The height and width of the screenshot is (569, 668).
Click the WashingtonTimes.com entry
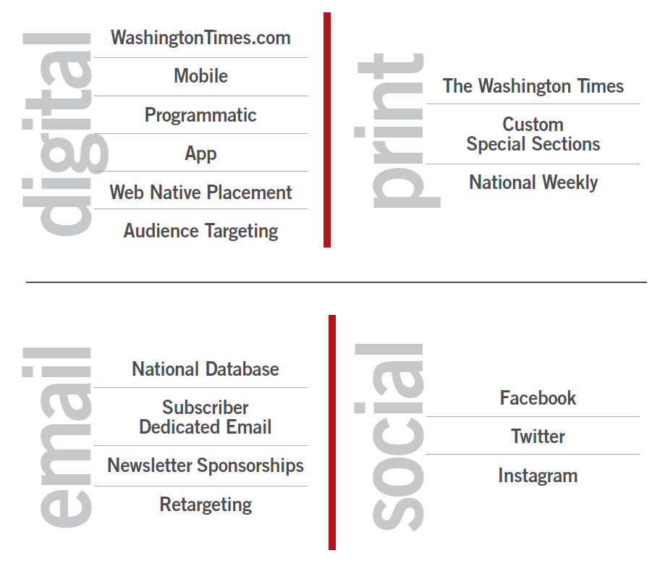200,38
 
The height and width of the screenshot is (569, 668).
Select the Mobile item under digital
200,76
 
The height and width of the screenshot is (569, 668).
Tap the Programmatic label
200,115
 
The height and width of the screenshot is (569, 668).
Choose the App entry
200,153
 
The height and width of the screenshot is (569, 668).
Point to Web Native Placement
200,193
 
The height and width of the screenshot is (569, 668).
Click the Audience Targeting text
200,231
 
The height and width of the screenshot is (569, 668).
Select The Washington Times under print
533,86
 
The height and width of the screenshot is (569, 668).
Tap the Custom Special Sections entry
533,134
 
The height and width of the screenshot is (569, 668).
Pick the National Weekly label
533,182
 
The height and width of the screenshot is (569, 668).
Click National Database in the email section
206,369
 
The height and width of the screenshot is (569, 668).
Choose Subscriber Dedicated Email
206,417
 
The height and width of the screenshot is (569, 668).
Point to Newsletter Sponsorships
206,465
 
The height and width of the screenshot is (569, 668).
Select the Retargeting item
206,505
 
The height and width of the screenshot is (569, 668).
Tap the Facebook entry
538,398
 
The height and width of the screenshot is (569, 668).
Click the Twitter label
538,437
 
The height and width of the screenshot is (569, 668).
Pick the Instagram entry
538,476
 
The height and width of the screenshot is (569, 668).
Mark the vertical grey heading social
389,437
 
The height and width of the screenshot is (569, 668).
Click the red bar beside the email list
332,433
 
